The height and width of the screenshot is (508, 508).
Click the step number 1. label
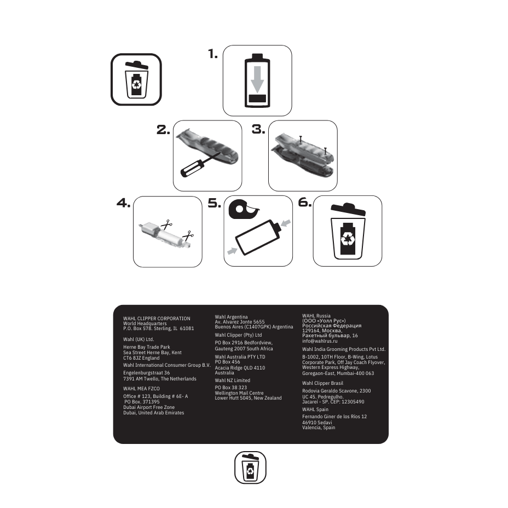coord(213,54)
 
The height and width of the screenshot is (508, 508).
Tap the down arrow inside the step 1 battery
coord(257,79)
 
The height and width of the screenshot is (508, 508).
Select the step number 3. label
coord(258,129)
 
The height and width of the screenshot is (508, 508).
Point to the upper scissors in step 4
coord(166,224)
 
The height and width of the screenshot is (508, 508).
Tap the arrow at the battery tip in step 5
coord(286,223)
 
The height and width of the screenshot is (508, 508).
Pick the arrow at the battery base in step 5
coord(232,251)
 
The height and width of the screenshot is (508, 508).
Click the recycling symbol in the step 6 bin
coord(348,239)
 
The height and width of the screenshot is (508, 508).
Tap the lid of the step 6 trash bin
coord(348,209)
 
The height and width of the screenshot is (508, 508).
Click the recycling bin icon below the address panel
coord(250,467)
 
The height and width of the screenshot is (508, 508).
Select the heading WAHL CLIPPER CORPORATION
coord(157,319)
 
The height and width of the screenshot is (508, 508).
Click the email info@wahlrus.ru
coord(320,341)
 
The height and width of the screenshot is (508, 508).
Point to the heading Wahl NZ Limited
coord(232,380)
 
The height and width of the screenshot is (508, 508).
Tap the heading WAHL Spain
coord(315,409)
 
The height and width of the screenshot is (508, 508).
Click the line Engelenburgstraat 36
coord(147,373)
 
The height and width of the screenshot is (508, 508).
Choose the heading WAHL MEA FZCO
coord(141,389)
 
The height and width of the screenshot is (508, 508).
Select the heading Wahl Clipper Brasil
coord(322,383)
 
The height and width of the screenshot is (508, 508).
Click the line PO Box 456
coord(227,362)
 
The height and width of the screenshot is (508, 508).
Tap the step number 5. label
coord(215,203)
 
